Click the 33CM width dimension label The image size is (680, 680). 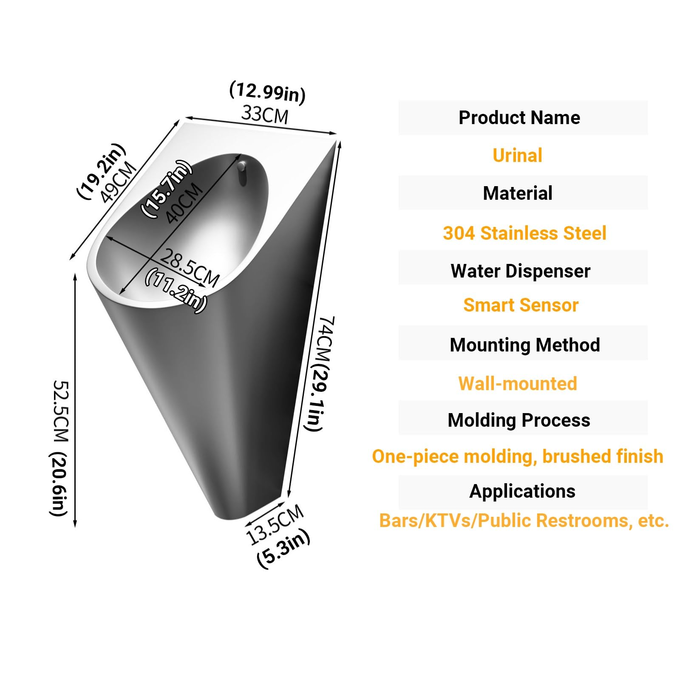[x=265, y=115]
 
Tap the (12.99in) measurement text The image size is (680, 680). [x=267, y=92]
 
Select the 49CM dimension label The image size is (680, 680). [x=119, y=183]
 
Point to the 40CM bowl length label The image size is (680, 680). [x=184, y=203]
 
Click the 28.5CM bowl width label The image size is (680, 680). [x=190, y=268]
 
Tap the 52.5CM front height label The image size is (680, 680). [x=60, y=448]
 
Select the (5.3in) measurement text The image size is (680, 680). [x=284, y=549]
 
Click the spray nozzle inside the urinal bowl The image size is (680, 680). [x=241, y=172]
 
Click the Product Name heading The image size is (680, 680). [x=519, y=118]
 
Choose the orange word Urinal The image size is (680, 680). [x=517, y=155]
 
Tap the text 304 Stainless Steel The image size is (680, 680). [x=524, y=233]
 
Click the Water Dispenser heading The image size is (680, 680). [x=521, y=271]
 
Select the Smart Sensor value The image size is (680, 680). [x=521, y=305]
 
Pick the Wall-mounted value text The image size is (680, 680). [x=518, y=383]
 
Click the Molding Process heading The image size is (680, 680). [x=519, y=420]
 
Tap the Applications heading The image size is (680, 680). [x=522, y=491]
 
